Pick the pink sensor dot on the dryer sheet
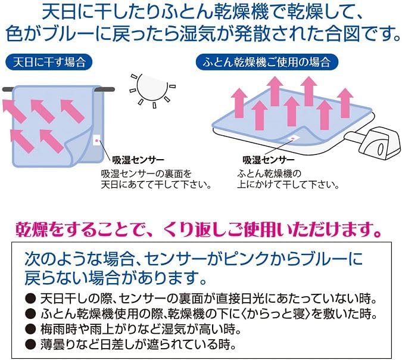click(291, 138)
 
